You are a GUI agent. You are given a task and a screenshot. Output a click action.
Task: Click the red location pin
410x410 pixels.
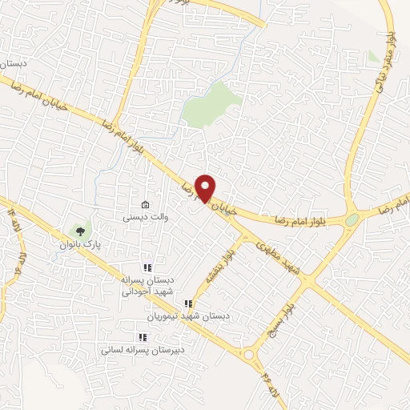[x=206, y=187]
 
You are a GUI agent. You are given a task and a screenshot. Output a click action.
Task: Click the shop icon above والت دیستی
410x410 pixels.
[x=145, y=204]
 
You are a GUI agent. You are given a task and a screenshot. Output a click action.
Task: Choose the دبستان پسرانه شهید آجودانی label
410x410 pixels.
[x=148, y=287]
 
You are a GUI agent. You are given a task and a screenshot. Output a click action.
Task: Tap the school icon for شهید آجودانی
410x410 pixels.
[x=147, y=268]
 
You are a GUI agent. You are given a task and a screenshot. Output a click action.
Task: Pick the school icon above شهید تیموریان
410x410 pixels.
[x=188, y=303]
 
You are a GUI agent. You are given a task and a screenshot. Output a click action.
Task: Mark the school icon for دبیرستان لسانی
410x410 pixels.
[x=143, y=337]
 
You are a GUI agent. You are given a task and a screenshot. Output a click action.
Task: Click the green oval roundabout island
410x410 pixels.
[x=352, y=219]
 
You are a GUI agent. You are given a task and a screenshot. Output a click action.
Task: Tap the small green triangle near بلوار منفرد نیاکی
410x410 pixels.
[x=372, y=58]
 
